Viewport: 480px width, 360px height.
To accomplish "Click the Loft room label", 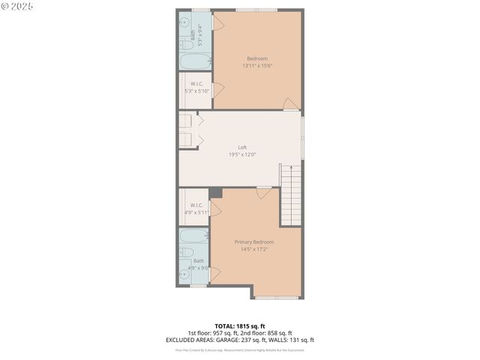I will (x=242, y=147).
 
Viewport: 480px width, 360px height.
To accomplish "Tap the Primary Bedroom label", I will (x=253, y=241).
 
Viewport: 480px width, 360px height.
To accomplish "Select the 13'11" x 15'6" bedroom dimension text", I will (x=257, y=66).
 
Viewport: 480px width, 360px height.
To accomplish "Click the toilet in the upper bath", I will (x=184, y=43).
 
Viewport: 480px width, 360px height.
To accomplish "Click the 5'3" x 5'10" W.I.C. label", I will (x=197, y=91).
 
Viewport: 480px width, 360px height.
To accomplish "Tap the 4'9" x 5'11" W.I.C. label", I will (x=197, y=212).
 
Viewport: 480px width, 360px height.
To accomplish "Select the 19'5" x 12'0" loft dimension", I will (x=242, y=154).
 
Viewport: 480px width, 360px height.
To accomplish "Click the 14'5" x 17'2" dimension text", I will (x=253, y=249).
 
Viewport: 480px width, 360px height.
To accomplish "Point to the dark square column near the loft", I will (x=215, y=193).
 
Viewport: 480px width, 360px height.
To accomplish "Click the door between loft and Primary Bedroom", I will (x=263, y=193).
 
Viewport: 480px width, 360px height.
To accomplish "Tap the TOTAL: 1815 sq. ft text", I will (x=239, y=325).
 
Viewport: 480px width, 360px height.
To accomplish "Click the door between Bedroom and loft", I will (x=292, y=104).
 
